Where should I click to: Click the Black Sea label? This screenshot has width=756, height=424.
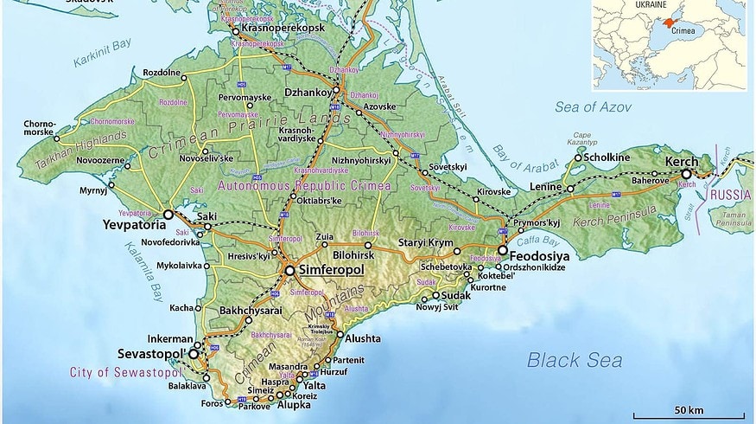click(575, 360)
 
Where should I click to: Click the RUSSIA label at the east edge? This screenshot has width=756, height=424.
click(730, 196)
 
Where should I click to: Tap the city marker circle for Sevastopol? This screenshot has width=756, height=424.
click(194, 354)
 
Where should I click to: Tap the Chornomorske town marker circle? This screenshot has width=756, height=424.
click(57, 138)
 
